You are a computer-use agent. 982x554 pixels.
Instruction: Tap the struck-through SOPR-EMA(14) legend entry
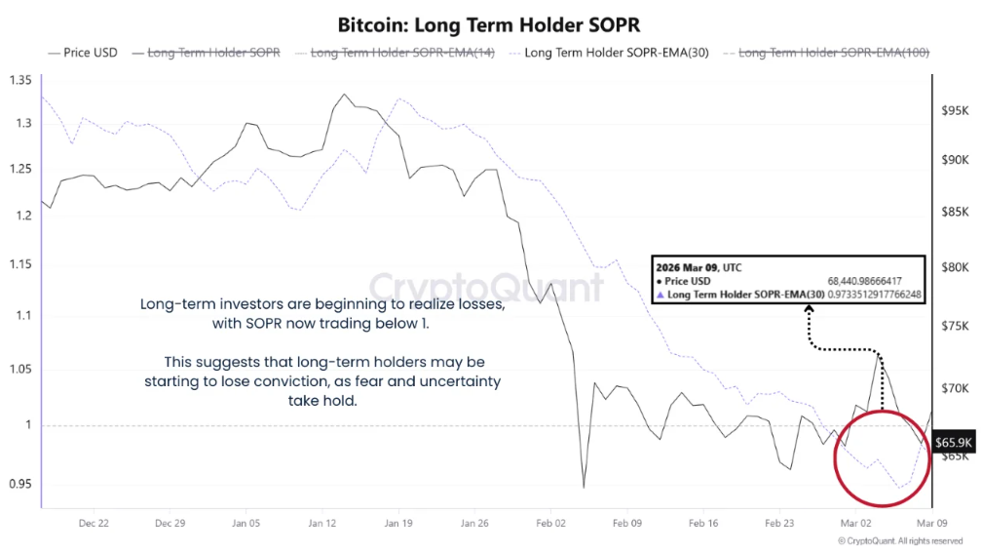(401, 53)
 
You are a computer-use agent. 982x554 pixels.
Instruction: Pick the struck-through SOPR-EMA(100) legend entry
(834, 53)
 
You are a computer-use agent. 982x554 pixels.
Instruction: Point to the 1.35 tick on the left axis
(19, 80)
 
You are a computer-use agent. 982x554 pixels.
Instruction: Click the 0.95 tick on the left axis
(19, 484)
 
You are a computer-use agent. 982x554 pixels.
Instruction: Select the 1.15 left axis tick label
(19, 264)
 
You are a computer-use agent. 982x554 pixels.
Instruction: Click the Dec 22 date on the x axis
(94, 523)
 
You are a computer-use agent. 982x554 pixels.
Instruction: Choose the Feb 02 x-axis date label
(550, 523)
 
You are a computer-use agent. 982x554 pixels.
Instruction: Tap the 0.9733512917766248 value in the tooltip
(875, 294)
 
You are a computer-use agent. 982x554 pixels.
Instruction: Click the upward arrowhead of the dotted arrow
(808, 309)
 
